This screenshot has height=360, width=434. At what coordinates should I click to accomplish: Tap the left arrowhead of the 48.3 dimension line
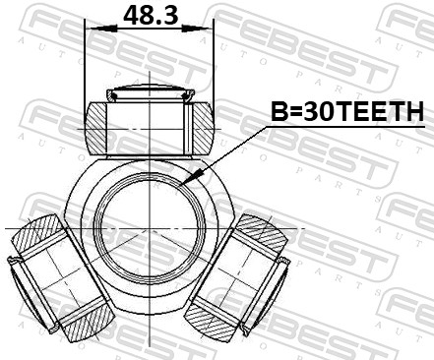click(92, 29)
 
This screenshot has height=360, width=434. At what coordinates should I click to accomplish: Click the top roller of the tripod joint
click(149, 123)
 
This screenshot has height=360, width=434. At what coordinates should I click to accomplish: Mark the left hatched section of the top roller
click(98, 125)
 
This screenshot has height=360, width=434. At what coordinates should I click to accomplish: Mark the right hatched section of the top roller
click(200, 125)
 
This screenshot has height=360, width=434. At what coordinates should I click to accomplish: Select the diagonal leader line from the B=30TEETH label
click(230, 151)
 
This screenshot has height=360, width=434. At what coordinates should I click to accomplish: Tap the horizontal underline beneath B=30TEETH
click(345, 126)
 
